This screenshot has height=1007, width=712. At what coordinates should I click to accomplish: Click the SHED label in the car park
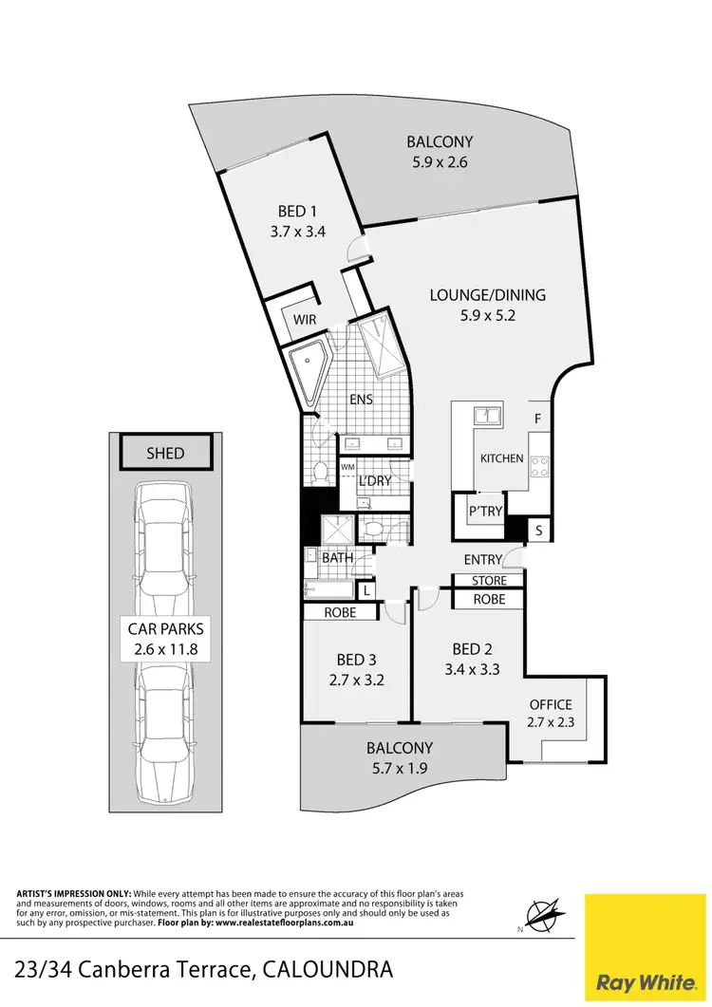165,455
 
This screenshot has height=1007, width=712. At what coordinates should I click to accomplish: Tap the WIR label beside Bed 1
305,321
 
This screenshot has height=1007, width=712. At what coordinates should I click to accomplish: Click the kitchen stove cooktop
540,465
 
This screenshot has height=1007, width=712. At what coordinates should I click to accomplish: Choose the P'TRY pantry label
484,513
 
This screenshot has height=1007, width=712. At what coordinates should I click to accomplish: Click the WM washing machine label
347,467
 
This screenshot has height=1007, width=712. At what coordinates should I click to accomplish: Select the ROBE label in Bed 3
340,613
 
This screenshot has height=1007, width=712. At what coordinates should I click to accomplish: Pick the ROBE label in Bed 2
489,600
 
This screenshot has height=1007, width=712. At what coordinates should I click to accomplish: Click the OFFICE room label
551,704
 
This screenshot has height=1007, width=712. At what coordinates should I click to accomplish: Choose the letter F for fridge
537,419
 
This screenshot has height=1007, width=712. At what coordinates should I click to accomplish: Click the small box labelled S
539,531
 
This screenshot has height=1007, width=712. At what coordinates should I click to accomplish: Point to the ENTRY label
482,560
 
